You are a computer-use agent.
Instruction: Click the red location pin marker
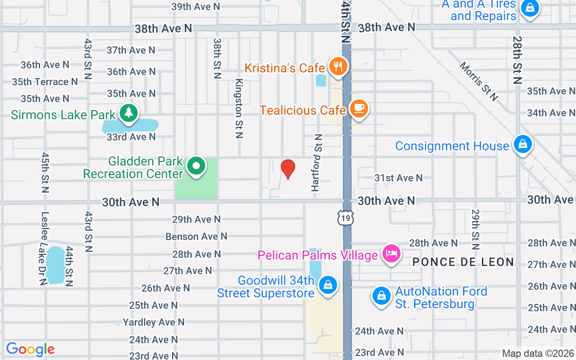pos(288,169)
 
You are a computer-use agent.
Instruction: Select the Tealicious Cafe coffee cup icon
pos(359,109)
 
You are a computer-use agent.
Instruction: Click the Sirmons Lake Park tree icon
pos(129,112)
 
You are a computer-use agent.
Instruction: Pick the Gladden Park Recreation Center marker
pos(196,166)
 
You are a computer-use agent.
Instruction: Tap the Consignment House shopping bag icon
pos(522,145)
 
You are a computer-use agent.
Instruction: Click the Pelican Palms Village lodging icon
pos(391,254)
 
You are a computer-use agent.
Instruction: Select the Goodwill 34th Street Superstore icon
pos(328,286)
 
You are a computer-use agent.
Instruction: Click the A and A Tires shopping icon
pos(531,8)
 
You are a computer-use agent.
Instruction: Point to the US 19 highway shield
pos(346,218)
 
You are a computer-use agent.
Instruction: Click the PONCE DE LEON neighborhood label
pos(463,262)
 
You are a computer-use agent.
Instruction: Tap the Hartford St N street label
pos(317,162)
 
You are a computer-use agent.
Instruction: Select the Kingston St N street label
pos(239,108)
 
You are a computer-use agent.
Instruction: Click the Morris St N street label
pos(479,81)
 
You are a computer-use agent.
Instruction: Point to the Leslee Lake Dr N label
pos(44,248)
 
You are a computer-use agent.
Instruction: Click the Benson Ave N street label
pos(196,236)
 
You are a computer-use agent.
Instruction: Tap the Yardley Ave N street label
pos(153,322)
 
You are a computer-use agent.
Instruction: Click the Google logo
pos(30,349)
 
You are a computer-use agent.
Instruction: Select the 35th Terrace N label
pos(45,82)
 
